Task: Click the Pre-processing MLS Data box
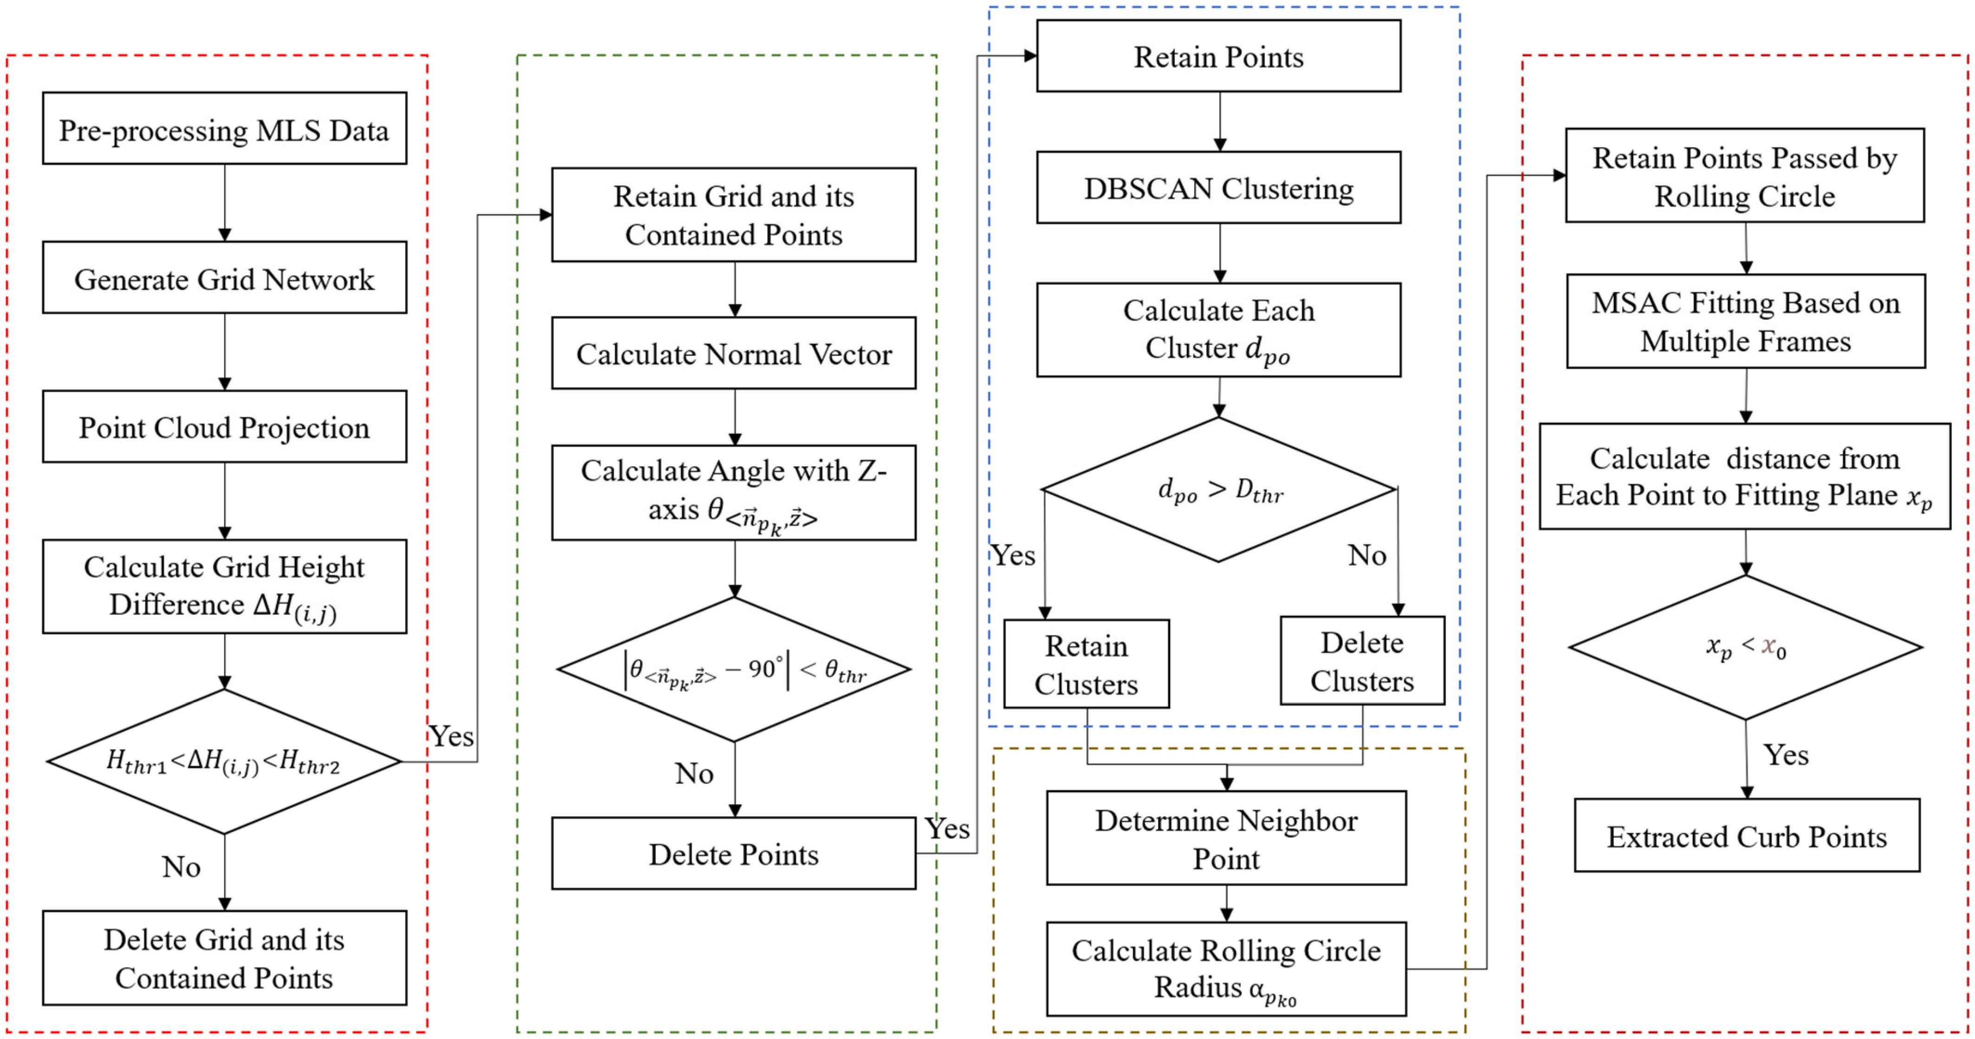[x=224, y=129]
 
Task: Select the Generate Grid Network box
[x=224, y=278]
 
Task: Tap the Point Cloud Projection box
[x=224, y=427]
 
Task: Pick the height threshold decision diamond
[x=224, y=762]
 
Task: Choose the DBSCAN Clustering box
[x=1218, y=188]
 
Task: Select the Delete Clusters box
[x=1362, y=661]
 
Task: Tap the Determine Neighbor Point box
[x=1226, y=838]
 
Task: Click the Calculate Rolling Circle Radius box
[x=1226, y=969]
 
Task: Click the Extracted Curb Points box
[x=1747, y=836]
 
